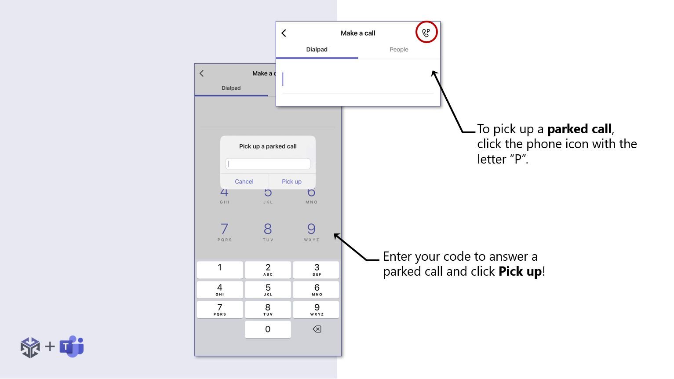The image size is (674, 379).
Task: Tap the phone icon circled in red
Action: pos(426,33)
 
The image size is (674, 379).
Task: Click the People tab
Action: pos(399,49)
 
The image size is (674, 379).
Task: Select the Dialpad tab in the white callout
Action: pos(317,49)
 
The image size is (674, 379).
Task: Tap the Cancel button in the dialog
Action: pos(244,182)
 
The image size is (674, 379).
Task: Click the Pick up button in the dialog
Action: pos(291,182)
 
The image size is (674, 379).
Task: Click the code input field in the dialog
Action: pos(268,164)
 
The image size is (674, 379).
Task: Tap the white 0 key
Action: pos(268,329)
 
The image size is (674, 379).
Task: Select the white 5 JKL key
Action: pos(268,290)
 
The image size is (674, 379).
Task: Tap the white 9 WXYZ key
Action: pos(316,310)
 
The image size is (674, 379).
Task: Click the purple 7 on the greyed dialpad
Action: pos(225,229)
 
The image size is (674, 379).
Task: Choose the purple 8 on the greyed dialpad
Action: pos(268,229)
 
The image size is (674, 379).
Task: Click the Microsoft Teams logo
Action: pos(72,346)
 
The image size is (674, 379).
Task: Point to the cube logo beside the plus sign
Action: pos(30,347)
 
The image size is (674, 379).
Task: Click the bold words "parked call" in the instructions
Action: pos(579,129)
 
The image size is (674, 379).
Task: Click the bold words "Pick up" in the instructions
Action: pos(520,271)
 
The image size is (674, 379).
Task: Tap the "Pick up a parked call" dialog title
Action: pos(268,146)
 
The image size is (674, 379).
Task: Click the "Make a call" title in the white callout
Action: pos(358,33)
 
